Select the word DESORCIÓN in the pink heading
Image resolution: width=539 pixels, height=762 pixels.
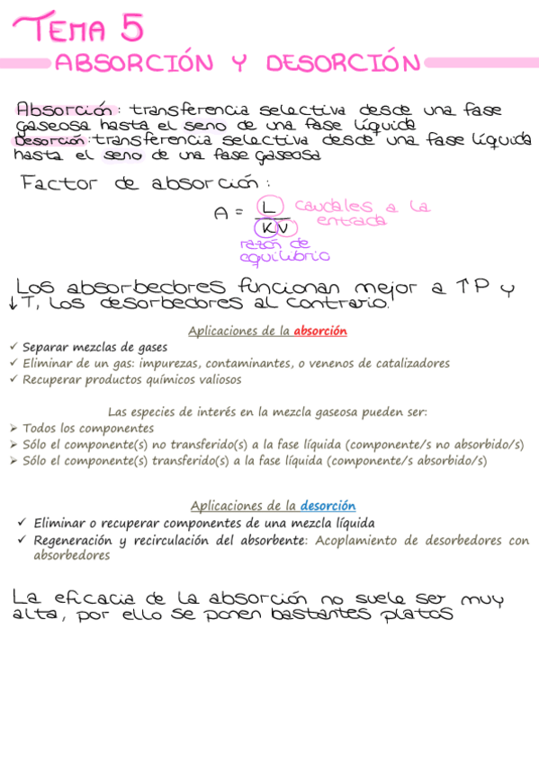click(x=343, y=64)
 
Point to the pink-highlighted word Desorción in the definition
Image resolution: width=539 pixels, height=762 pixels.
click(x=50, y=140)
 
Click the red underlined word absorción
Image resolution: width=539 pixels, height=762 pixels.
click(x=320, y=331)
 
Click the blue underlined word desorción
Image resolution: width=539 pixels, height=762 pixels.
click(x=328, y=506)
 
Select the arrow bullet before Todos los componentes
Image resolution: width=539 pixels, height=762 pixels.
click(x=13, y=428)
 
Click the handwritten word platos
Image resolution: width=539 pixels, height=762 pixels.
click(x=417, y=616)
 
